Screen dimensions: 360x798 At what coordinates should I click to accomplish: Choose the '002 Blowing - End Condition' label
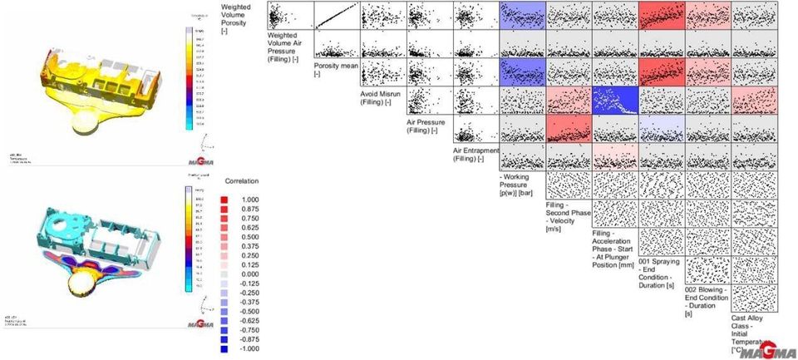coord(707,300)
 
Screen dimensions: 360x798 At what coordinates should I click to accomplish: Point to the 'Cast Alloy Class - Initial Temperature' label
coord(751,333)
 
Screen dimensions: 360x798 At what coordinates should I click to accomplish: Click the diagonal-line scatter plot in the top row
coord(336,16)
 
